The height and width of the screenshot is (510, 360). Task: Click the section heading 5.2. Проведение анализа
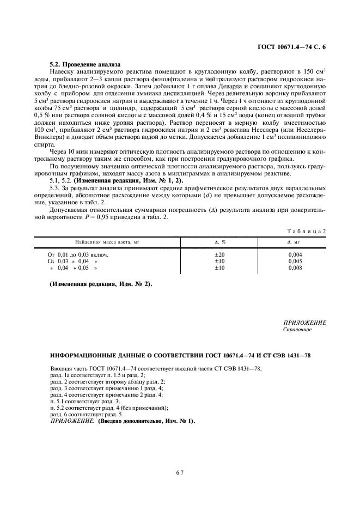84,64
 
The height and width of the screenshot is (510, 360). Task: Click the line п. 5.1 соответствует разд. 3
84,400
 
